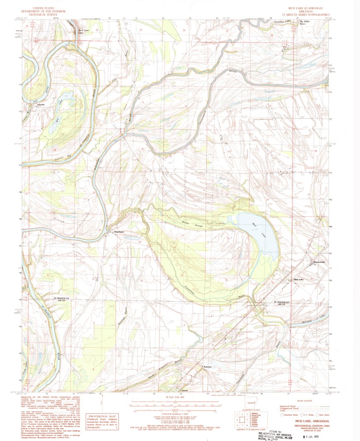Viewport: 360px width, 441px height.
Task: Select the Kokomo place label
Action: pyautogui.click(x=208, y=367)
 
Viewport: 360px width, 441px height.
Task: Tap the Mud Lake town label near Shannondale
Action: pyautogui.click(x=299, y=280)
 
